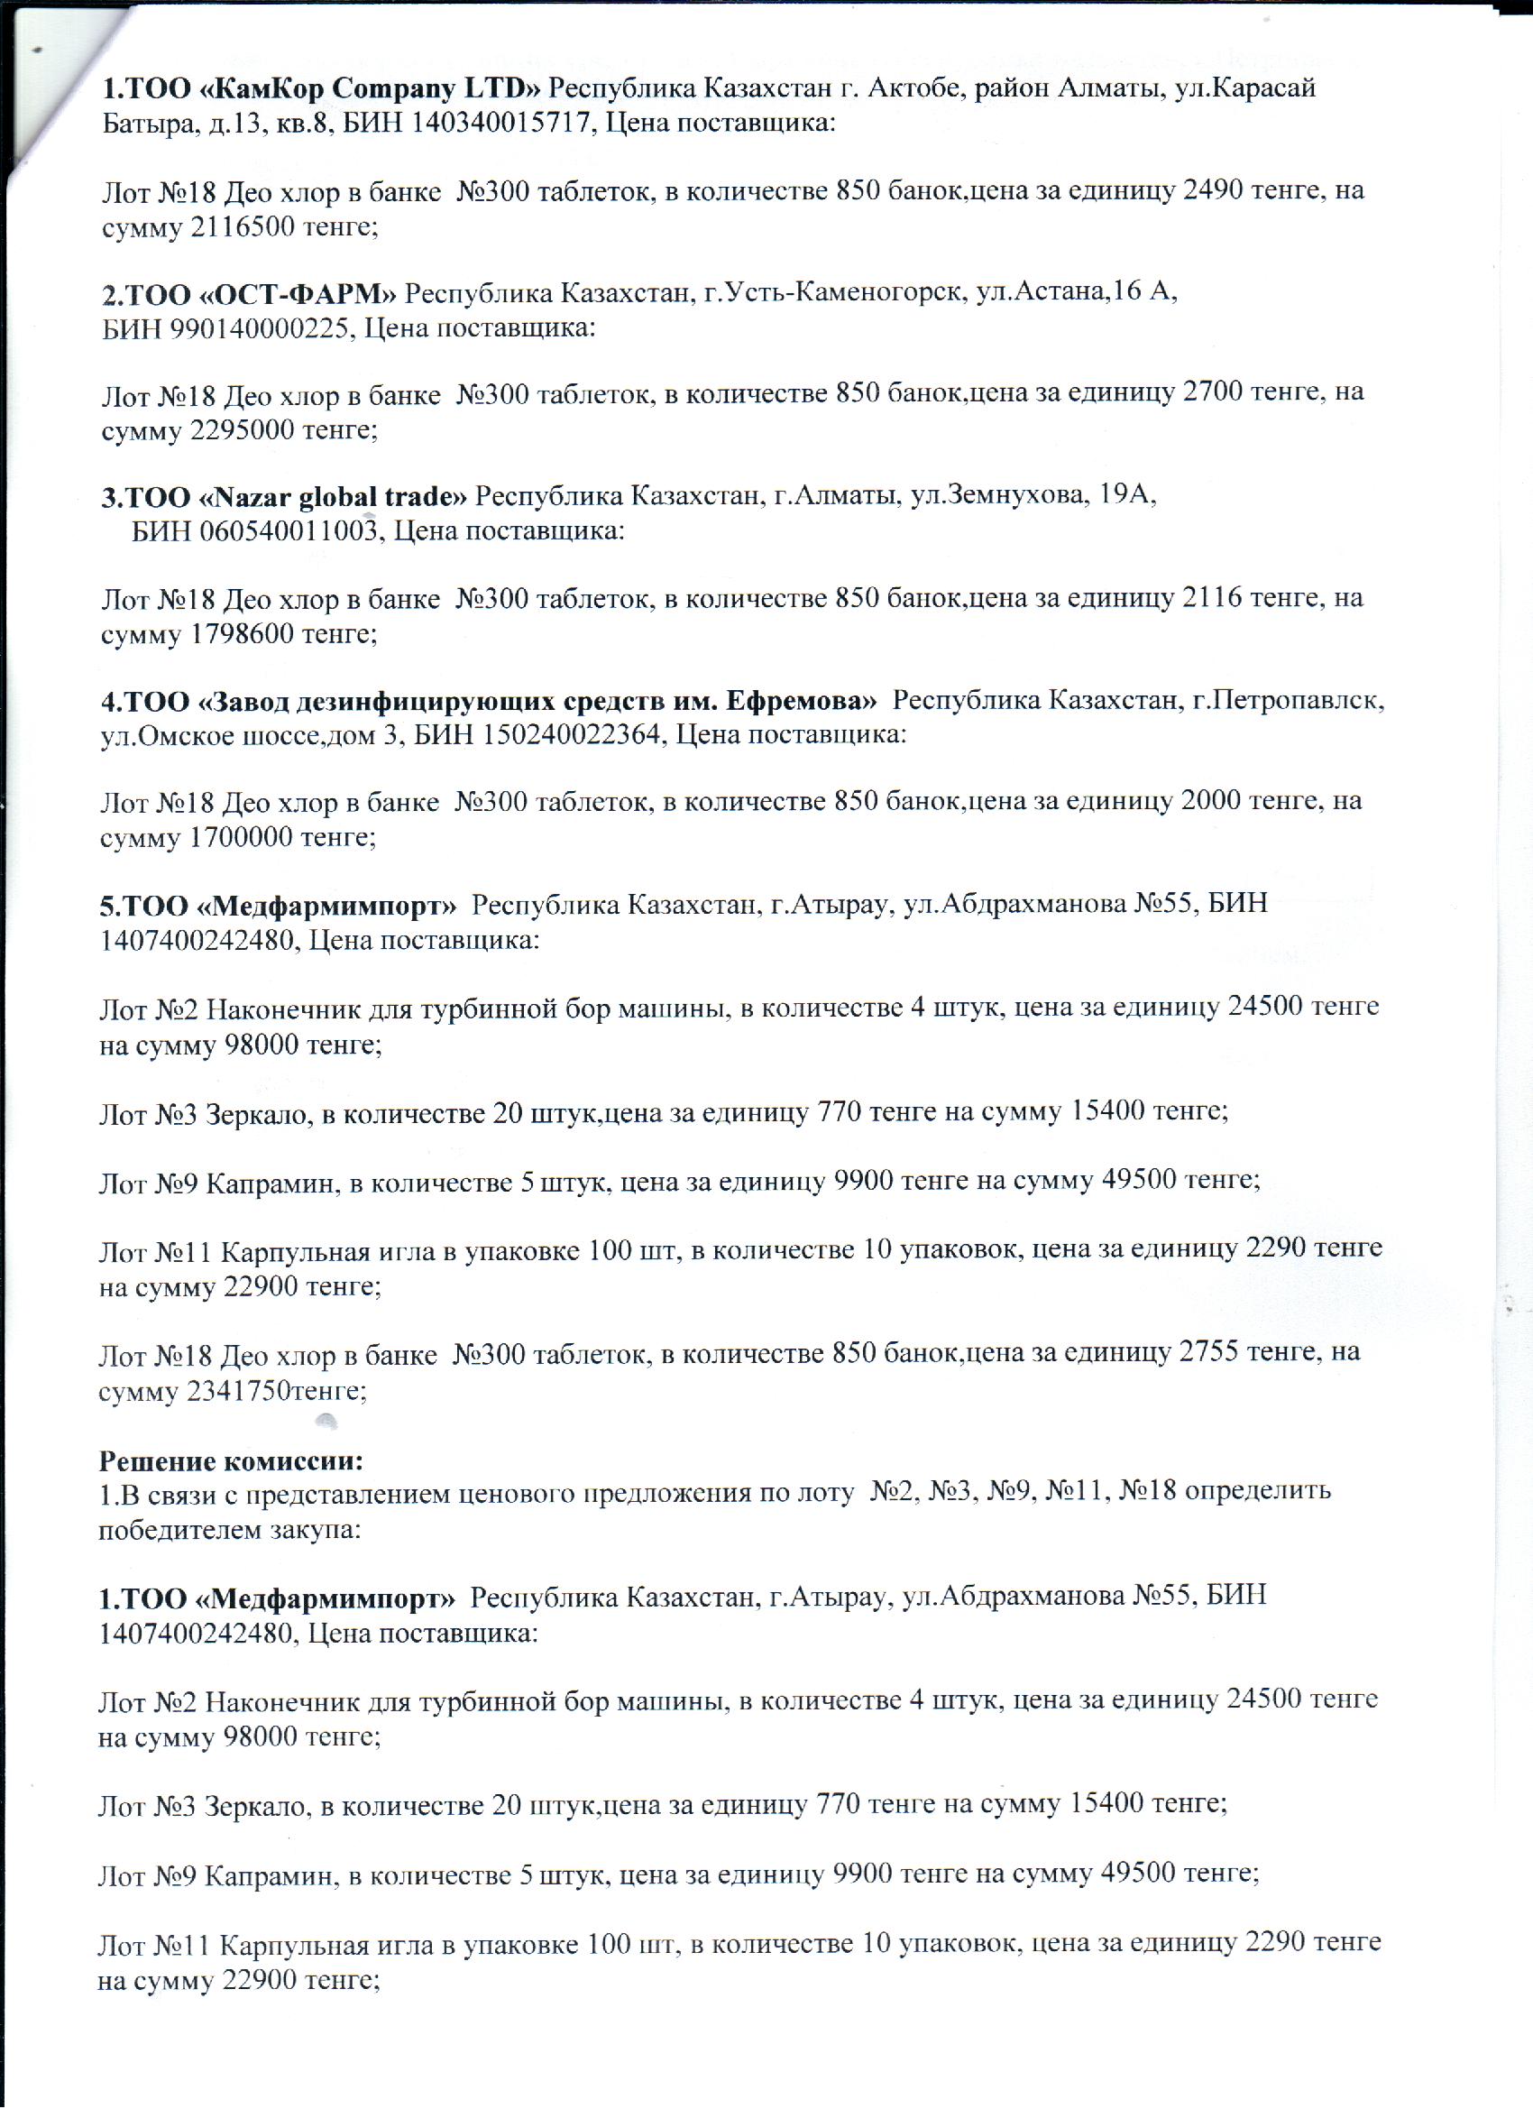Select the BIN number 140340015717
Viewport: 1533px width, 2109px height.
500,123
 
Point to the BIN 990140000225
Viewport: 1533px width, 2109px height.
259,328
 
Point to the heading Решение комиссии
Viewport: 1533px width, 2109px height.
231,1460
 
